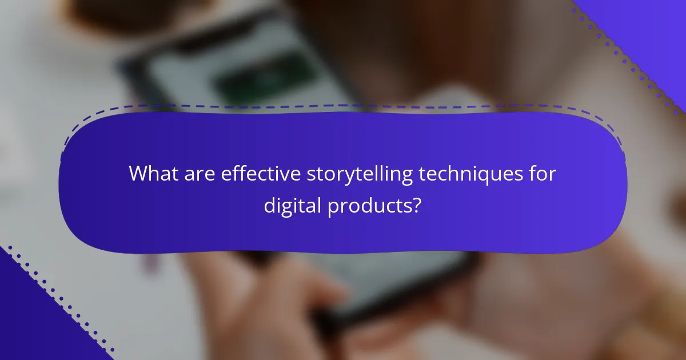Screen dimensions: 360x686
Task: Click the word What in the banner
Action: [x=153, y=174]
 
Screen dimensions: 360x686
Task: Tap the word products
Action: [x=368, y=205]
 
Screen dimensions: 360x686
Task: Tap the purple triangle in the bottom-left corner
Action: [x=29, y=326]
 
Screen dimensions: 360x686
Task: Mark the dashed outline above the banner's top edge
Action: [x=343, y=106]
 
